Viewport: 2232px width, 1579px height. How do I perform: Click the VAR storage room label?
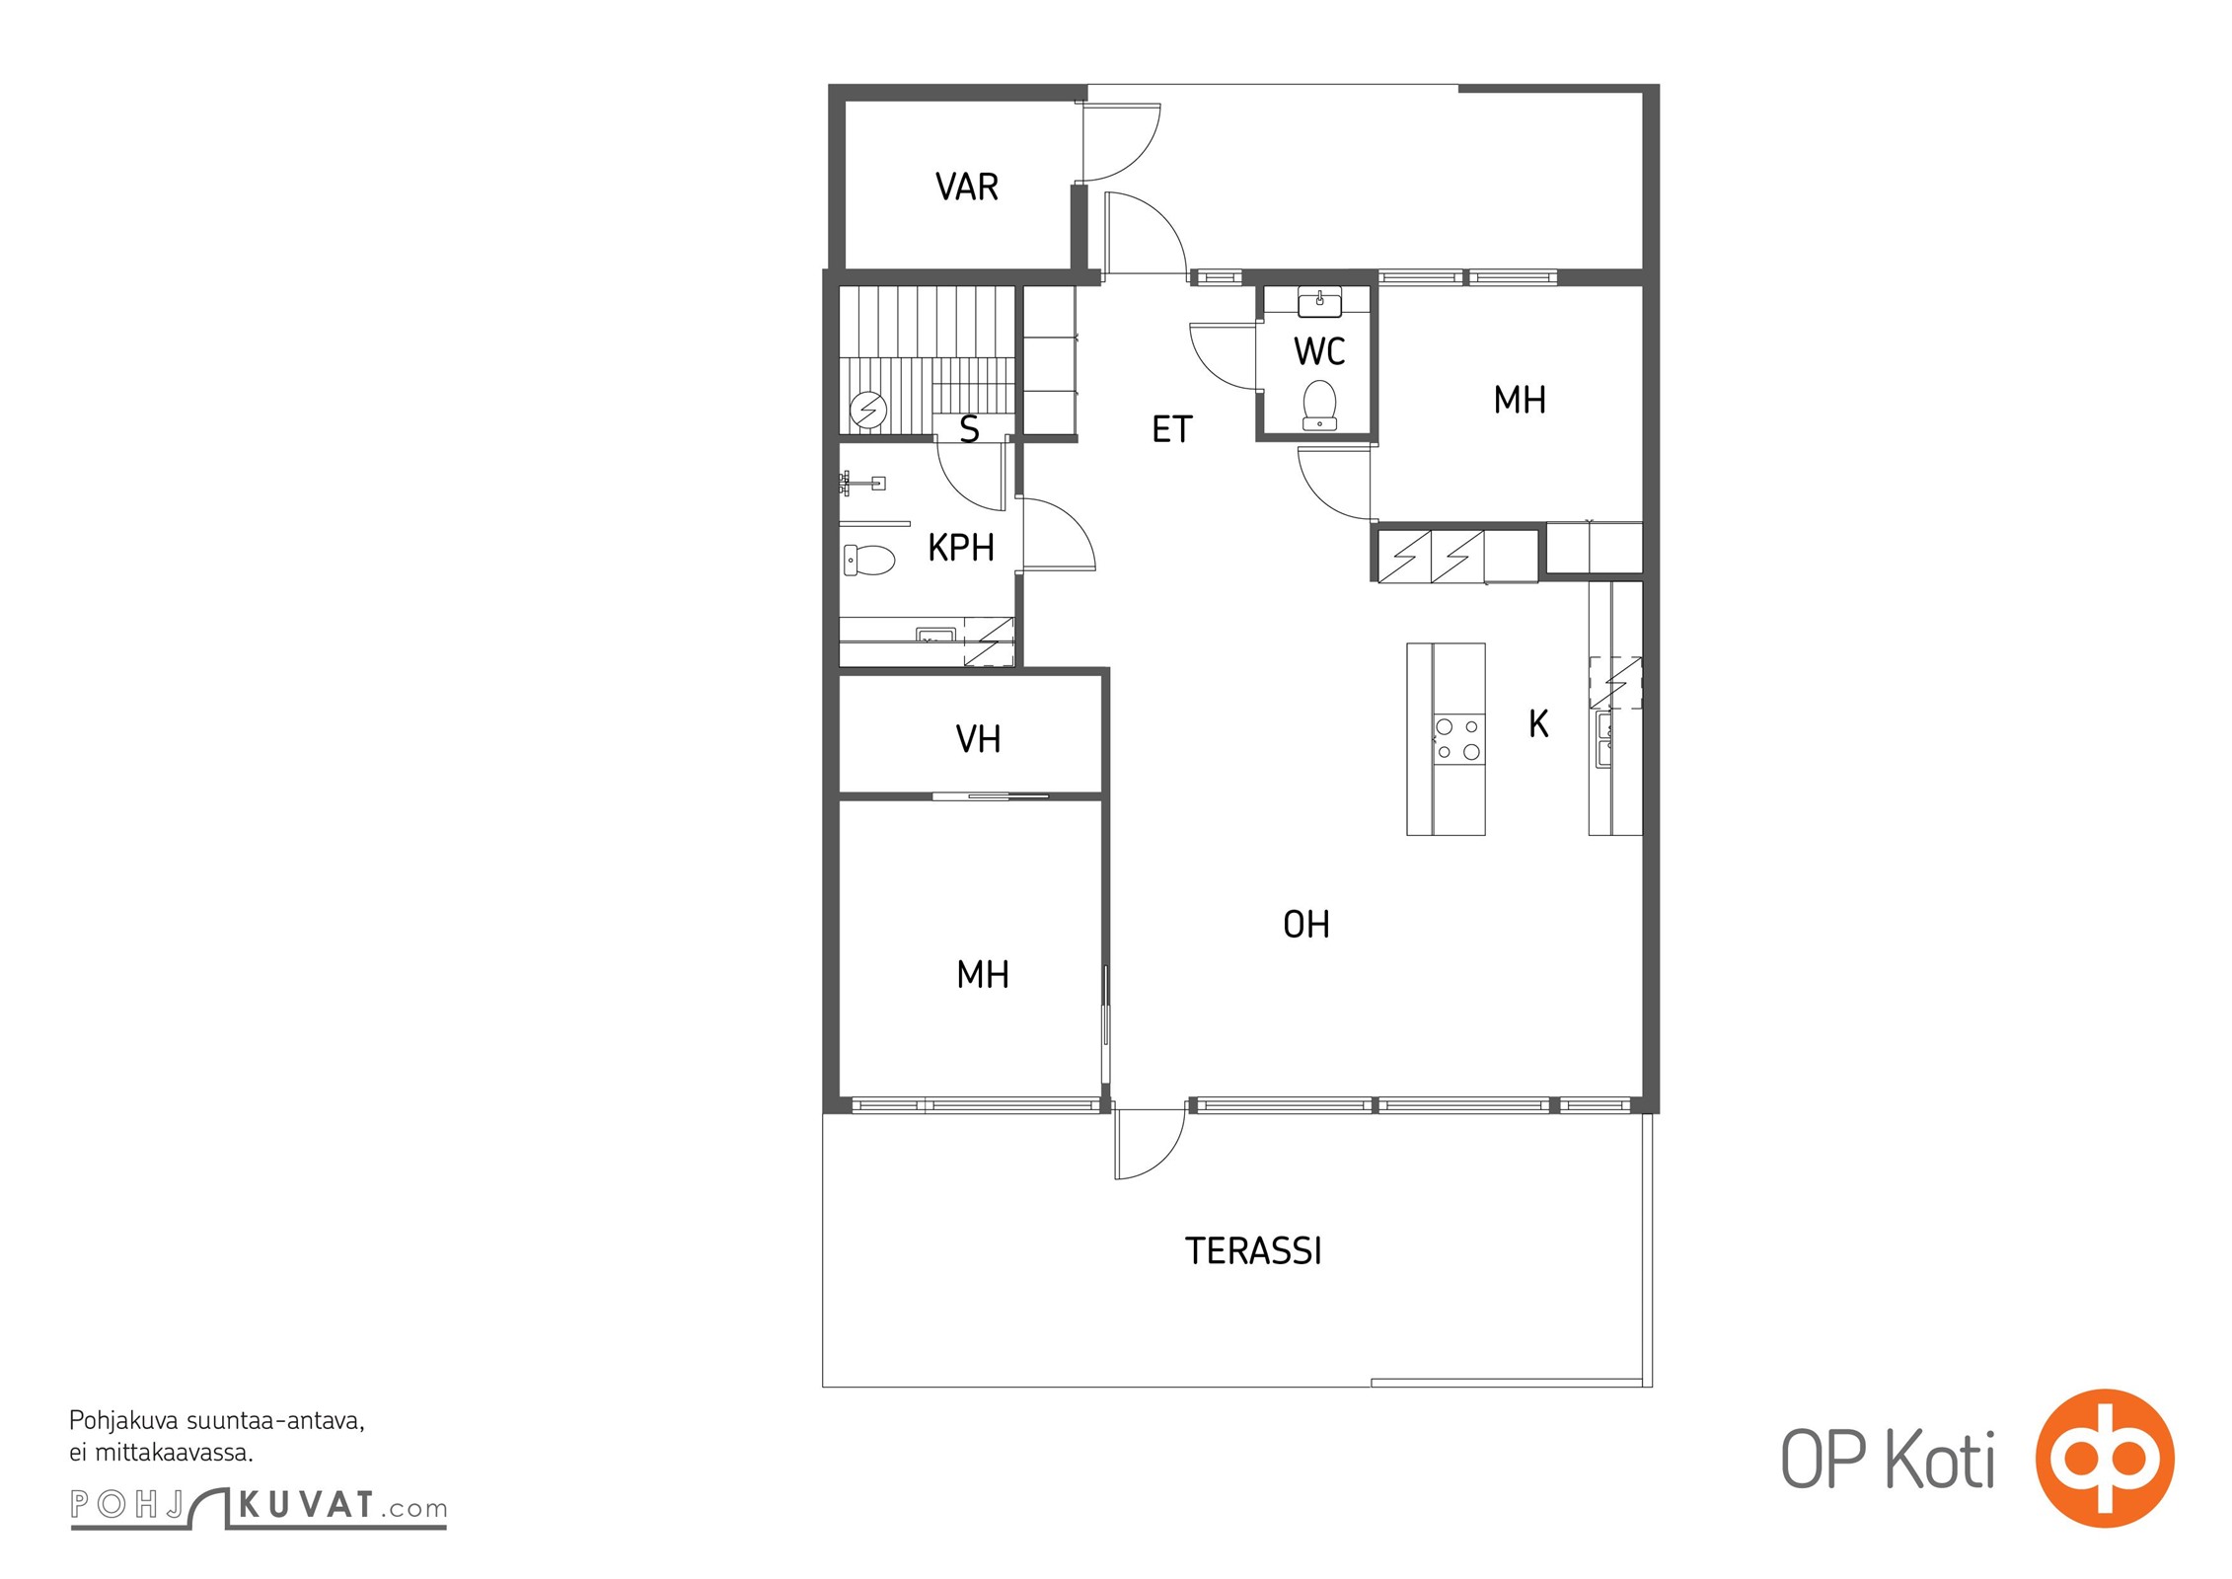967,187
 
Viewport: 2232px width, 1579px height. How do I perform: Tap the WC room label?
1319,351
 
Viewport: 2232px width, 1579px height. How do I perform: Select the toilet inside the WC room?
1319,406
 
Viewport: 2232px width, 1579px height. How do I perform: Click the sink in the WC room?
1319,303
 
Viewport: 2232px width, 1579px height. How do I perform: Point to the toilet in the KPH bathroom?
869,561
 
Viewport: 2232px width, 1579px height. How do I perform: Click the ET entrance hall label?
1172,429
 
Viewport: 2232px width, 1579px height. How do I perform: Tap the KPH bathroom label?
961,548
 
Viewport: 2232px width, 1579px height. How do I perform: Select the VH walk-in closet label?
978,739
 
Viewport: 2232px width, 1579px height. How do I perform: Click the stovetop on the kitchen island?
1458,739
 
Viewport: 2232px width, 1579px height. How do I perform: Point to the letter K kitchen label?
1538,724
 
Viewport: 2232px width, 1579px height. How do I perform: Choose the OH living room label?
1306,925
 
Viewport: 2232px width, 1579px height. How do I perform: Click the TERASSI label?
1253,1251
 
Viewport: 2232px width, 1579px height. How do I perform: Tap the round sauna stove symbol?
869,409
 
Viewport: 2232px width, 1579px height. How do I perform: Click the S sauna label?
970,429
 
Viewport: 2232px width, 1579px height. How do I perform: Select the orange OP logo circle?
2105,1458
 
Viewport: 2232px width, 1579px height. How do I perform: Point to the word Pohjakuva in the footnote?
124,1422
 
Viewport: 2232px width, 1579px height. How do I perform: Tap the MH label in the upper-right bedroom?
1520,401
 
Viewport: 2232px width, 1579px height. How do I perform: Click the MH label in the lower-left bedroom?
983,975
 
